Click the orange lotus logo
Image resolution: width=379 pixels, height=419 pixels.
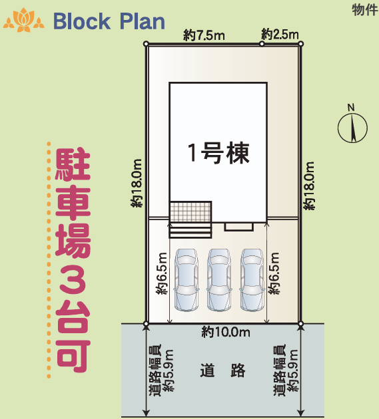click(x=23, y=21)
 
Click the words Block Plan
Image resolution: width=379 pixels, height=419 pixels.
click(x=109, y=21)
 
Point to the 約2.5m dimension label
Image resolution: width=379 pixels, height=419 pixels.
click(x=280, y=34)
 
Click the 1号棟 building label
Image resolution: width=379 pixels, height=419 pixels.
click(x=218, y=154)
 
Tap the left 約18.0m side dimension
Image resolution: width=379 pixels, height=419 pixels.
click(x=137, y=184)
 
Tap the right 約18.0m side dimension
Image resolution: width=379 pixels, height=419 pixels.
click(x=310, y=187)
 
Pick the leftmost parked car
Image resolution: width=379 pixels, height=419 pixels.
click(x=186, y=279)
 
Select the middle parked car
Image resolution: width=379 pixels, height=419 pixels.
click(x=220, y=279)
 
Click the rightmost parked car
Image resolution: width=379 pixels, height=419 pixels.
click(x=253, y=279)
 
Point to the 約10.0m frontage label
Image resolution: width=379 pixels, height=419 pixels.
click(x=225, y=332)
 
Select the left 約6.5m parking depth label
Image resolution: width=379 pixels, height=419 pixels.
click(x=162, y=273)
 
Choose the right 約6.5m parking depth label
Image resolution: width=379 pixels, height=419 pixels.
click(x=274, y=273)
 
